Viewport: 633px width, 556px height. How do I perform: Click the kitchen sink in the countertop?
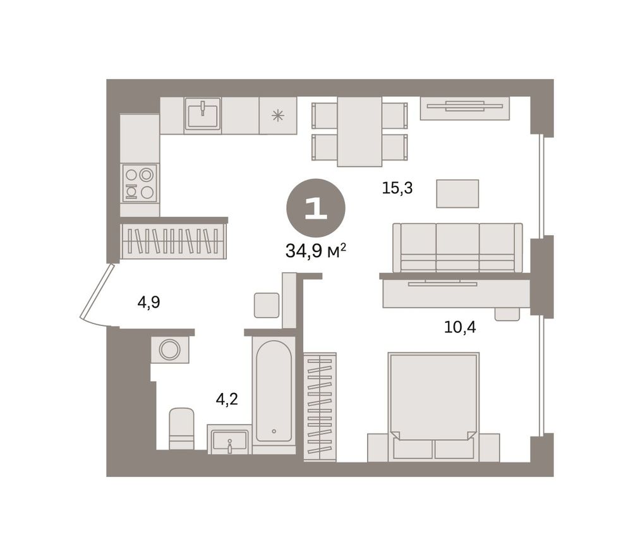203,114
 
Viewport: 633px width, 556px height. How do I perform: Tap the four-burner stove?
140,183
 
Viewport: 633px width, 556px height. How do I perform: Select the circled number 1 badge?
316,208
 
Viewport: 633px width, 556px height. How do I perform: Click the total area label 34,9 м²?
316,251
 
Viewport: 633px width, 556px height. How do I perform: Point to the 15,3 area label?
397,188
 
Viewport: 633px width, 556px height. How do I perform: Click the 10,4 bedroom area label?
460,327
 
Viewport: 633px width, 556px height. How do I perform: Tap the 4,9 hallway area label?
148,302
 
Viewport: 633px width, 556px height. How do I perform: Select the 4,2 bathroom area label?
227,399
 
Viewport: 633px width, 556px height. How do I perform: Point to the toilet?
181,429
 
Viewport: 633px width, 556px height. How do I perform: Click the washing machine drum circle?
169,349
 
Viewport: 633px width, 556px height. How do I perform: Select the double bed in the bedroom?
433,407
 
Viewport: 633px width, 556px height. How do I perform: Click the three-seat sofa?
457,248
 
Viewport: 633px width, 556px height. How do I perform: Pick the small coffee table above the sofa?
457,194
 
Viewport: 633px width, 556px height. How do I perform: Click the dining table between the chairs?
359,131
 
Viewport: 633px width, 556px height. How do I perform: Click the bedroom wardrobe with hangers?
320,407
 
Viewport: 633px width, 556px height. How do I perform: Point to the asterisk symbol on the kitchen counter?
278,116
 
